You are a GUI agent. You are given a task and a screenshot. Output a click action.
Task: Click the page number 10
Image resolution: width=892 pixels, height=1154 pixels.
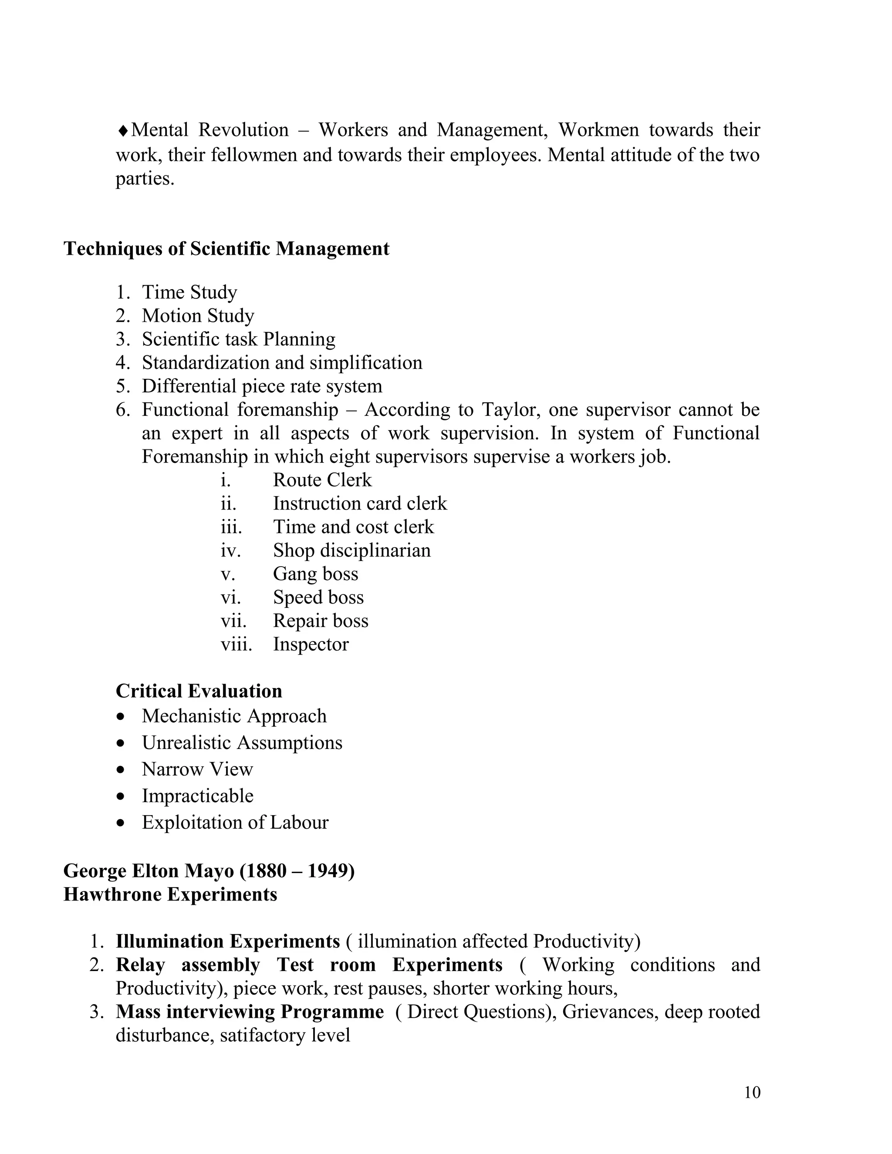[752, 1092]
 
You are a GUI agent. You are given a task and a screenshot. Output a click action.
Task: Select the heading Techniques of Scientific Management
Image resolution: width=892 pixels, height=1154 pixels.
[226, 249]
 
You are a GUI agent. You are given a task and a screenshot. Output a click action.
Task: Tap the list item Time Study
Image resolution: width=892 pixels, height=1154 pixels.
[189, 292]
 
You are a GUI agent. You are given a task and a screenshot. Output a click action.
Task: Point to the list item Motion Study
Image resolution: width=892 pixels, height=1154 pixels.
[198, 316]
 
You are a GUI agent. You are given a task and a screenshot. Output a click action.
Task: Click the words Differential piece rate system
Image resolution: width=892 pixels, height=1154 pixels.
[262, 386]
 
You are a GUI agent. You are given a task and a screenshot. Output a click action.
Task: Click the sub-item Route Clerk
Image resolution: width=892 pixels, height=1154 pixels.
[322, 480]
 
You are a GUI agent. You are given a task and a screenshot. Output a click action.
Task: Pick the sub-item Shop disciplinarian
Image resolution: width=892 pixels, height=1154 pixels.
[351, 550]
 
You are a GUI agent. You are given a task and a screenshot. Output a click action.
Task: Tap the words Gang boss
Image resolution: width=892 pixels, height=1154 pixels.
[315, 574]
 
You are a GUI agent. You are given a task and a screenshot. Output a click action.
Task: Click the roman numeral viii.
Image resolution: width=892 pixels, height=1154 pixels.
[236, 644]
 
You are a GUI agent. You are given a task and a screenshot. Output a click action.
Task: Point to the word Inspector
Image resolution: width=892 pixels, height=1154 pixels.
[311, 644]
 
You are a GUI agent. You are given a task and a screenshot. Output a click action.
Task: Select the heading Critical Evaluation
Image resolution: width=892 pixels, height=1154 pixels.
[199, 691]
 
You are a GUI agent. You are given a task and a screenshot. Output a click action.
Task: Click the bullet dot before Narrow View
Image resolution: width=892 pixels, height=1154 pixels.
[122, 770]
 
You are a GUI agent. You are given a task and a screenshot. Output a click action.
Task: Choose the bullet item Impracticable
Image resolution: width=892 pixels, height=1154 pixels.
[197, 796]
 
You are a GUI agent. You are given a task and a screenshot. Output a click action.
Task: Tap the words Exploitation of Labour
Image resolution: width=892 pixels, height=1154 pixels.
[235, 822]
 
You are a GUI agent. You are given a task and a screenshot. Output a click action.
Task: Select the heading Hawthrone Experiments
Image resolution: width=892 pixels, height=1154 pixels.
[170, 894]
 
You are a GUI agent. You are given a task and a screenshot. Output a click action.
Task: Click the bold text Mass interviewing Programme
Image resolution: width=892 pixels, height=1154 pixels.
[250, 1012]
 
